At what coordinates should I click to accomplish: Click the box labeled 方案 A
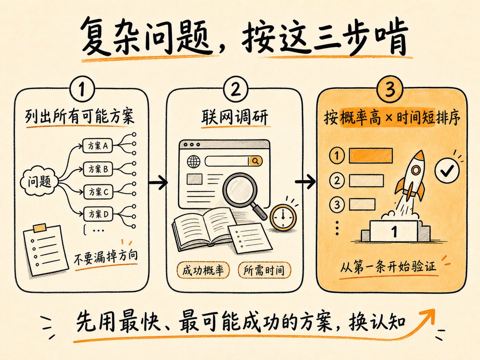coord(98,145)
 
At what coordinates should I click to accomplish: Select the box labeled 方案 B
coord(98,169)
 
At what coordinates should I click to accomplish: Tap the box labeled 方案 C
coord(98,192)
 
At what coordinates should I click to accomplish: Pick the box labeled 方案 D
coord(99,214)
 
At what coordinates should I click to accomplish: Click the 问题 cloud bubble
coord(39,181)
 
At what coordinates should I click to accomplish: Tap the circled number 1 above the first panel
coord(82,89)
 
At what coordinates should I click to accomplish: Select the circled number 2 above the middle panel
coord(236,89)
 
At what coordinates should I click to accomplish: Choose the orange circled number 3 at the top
coord(390,89)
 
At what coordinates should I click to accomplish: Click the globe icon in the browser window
coord(194,162)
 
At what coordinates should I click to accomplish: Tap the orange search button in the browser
coord(256,161)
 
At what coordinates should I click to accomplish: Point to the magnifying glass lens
coord(240,189)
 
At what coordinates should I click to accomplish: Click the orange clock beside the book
coord(283,218)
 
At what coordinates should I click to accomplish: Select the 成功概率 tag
coord(203,270)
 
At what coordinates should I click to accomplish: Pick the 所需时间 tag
coord(264,270)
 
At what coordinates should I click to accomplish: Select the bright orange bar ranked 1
coord(371,156)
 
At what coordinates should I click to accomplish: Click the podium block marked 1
coord(394,231)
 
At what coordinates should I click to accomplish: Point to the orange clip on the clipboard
coord(40,228)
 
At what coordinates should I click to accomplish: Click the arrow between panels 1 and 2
coord(158,182)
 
